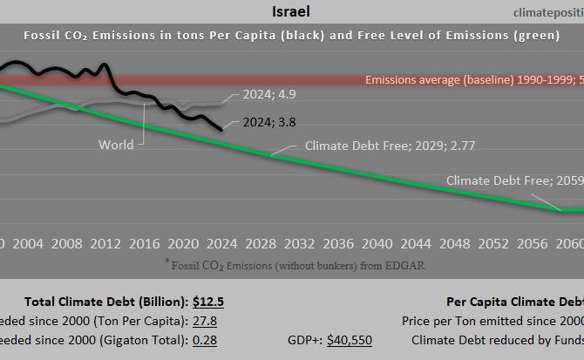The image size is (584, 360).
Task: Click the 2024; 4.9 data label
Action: [261, 94]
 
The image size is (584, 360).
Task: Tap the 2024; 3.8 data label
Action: [261, 124]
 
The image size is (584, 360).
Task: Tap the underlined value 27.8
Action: [207, 322]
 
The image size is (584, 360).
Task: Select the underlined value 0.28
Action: [207, 340]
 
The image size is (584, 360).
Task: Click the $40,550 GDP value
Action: [350, 340]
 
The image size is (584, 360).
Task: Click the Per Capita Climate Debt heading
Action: [514, 302]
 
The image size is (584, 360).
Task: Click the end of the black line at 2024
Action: [220, 129]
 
